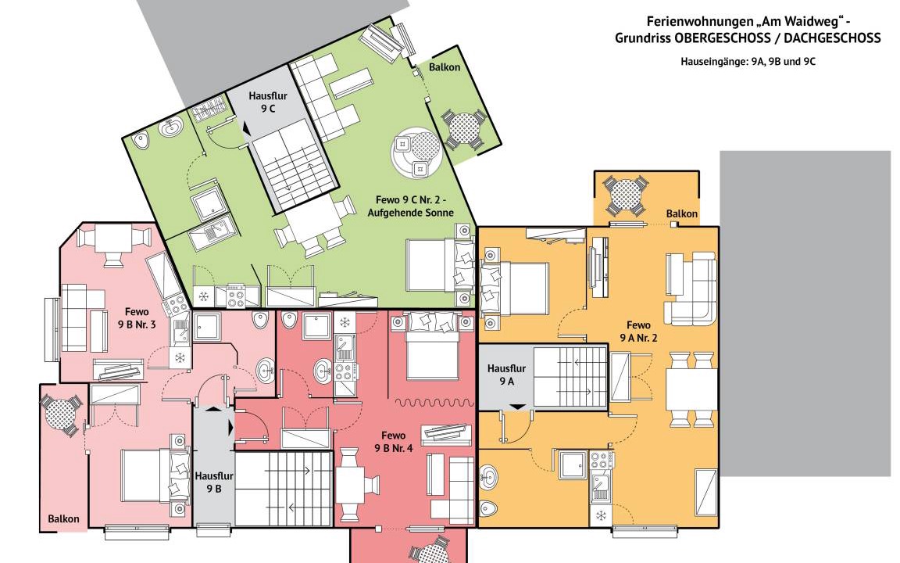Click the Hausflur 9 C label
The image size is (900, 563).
click(267, 102)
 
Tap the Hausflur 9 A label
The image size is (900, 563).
click(506, 375)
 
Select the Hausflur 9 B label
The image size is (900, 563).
click(213, 482)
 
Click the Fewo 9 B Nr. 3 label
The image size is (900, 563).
click(137, 318)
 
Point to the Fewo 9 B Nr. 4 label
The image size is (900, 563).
click(394, 442)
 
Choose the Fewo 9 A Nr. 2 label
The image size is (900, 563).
click(638, 332)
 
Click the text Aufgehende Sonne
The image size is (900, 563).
click(411, 213)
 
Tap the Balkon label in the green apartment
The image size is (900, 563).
click(445, 67)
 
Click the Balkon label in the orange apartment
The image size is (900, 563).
click(682, 213)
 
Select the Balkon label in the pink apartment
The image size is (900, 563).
click(64, 518)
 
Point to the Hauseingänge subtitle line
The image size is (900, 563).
click(748, 62)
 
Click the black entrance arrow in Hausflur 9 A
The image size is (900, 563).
click(518, 407)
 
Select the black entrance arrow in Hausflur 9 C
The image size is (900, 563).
click(246, 129)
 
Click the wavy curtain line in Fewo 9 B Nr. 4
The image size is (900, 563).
click(434, 403)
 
